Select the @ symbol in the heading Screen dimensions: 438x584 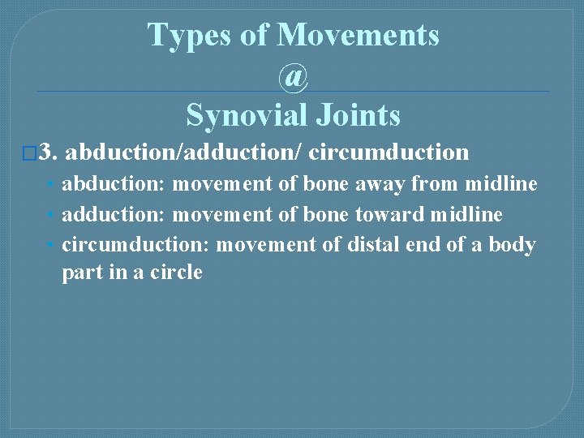pyautogui.click(x=294, y=76)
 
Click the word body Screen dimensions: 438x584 pyautogui.click(x=512, y=244)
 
